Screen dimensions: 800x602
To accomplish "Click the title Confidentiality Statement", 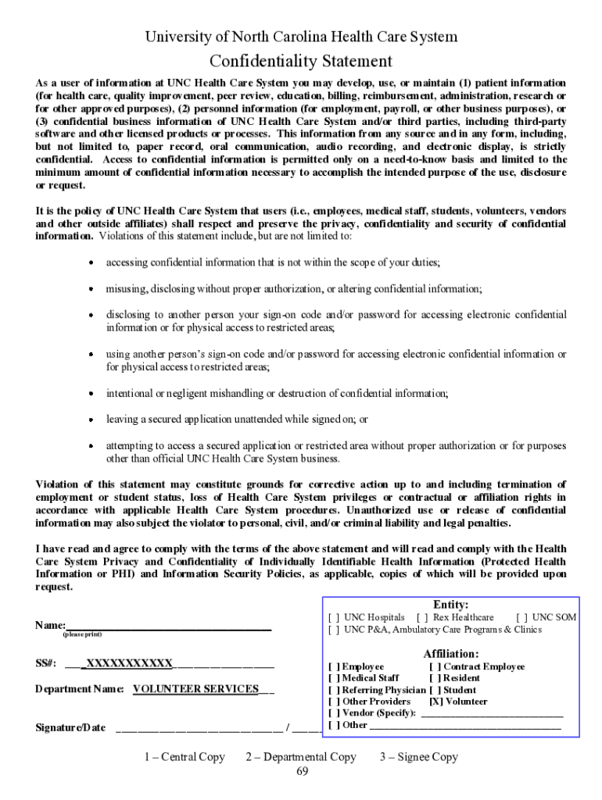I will pyautogui.click(x=301, y=61).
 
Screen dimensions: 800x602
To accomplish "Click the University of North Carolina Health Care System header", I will pyautogui.click(x=301, y=37).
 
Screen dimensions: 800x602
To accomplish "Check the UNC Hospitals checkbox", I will pyautogui.click(x=334, y=617).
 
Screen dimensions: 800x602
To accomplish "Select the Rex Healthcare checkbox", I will pyautogui.click(x=422, y=617).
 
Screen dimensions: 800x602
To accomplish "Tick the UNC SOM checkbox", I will pyautogui.click(x=521, y=617).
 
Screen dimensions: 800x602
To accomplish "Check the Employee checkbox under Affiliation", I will pyautogui.click(x=334, y=666).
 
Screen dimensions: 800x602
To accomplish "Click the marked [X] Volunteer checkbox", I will pyautogui.click(x=435, y=701).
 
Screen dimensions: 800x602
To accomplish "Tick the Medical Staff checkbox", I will pyautogui.click(x=334, y=678).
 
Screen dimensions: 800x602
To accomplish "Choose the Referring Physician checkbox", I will pyautogui.click(x=334, y=690).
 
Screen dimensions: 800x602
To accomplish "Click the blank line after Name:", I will pyautogui.click(x=169, y=625).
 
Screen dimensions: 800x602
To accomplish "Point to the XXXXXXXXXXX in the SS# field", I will pyautogui.click(x=129, y=663).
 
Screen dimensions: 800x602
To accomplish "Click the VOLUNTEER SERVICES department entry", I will pyautogui.click(x=195, y=688).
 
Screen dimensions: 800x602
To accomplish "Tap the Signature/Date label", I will pyautogui.click(x=70, y=727).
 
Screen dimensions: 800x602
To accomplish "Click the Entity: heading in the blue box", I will pyautogui.click(x=451, y=604).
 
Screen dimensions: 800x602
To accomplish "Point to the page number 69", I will pyautogui.click(x=302, y=772).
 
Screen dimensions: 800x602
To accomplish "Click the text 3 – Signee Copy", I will pyautogui.click(x=419, y=756).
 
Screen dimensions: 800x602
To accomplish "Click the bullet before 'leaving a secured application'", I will pyautogui.click(x=91, y=420).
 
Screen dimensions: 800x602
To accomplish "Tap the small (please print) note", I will pyautogui.click(x=82, y=635).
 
